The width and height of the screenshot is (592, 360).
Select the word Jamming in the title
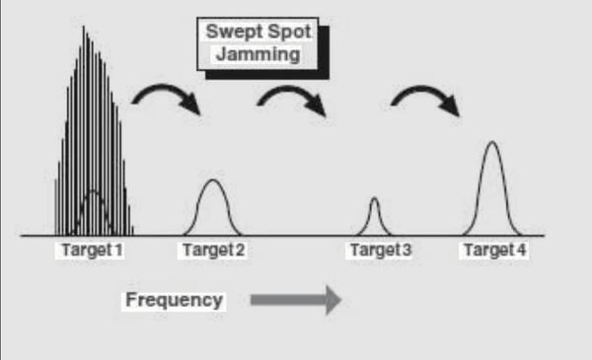[259, 54]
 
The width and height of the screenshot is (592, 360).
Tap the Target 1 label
[92, 250]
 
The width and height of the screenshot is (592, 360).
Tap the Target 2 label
[214, 250]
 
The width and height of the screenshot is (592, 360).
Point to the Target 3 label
[381, 250]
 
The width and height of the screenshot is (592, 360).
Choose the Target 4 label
[495, 250]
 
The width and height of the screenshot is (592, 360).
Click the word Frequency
[174, 301]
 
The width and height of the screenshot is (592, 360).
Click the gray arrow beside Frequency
[296, 300]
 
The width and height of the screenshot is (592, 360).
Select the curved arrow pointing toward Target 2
[166, 88]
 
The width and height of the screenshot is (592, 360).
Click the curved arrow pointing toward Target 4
[424, 90]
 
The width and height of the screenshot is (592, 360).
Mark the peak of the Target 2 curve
[213, 180]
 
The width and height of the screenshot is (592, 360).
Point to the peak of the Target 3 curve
[374, 197]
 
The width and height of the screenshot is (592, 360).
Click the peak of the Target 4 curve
[492, 142]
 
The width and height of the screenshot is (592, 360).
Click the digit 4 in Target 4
[522, 250]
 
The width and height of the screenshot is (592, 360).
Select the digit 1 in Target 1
[118, 250]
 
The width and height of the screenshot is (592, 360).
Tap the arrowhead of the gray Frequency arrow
[333, 300]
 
